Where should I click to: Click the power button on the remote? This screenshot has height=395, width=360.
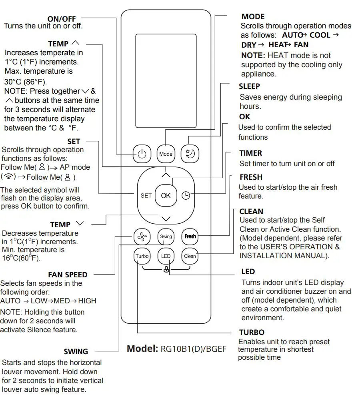pyautogui.click(x=142, y=154)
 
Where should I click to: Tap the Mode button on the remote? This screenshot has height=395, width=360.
pyautogui.click(x=166, y=154)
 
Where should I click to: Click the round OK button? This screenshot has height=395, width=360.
pyautogui.click(x=166, y=195)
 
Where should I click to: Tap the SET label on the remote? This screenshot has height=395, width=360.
pyautogui.click(x=146, y=195)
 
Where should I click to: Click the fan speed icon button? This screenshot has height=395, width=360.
pyautogui.click(x=142, y=237)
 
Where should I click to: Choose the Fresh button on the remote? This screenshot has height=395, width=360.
pyautogui.click(x=190, y=237)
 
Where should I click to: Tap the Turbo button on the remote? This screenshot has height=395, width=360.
pyautogui.click(x=142, y=256)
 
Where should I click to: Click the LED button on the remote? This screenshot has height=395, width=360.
pyautogui.click(x=166, y=256)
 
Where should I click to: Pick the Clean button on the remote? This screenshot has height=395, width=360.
pyautogui.click(x=190, y=256)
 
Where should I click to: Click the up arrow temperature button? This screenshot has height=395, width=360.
pyautogui.click(x=166, y=175)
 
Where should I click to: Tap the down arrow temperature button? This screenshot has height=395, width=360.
pyautogui.click(x=166, y=219)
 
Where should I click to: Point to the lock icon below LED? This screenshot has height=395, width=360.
pyautogui.click(x=166, y=270)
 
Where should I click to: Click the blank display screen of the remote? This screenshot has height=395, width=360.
pyautogui.click(x=166, y=80)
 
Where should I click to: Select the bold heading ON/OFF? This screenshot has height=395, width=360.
pyautogui.click(x=62, y=19)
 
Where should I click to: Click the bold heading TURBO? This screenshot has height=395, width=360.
pyautogui.click(x=252, y=333)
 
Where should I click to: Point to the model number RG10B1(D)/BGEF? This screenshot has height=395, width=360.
pyautogui.click(x=193, y=349)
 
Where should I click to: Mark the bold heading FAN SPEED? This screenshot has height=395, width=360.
pyautogui.click(x=68, y=275)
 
